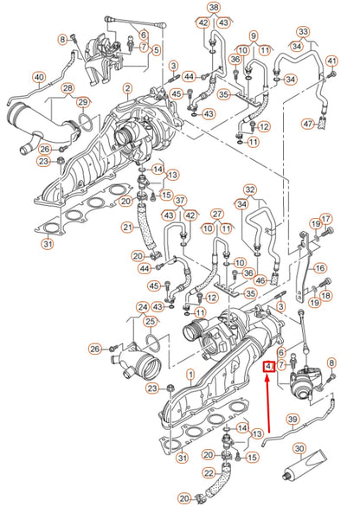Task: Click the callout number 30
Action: [299, 449]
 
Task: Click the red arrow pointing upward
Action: [268, 406]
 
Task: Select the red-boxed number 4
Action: [269, 367]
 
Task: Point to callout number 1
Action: [190, 375]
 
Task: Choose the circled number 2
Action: [127, 88]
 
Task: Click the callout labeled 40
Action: [39, 78]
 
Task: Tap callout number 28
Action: [67, 88]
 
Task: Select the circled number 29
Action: [83, 102]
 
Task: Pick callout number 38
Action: [214, 8]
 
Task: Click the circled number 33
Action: [304, 32]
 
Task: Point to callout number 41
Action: [331, 61]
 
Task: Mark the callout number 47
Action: [308, 124]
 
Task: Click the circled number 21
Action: [127, 227]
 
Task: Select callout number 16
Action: [319, 268]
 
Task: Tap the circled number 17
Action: [326, 219]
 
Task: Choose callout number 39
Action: [292, 420]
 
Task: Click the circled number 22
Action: [209, 472]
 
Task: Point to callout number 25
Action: [150, 322]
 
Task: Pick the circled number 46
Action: [260, 280]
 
